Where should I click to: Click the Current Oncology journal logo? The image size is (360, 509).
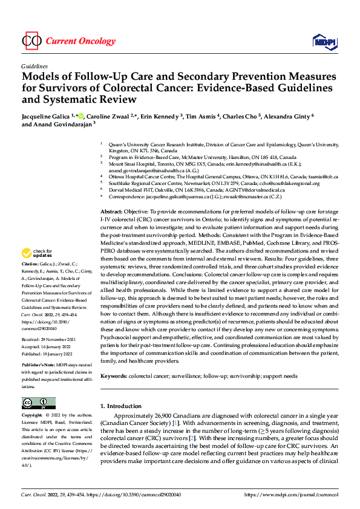point(68,41)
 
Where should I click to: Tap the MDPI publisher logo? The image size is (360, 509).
point(324,41)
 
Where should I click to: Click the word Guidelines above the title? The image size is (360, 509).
point(34,68)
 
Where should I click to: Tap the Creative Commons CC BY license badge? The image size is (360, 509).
point(38,403)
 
